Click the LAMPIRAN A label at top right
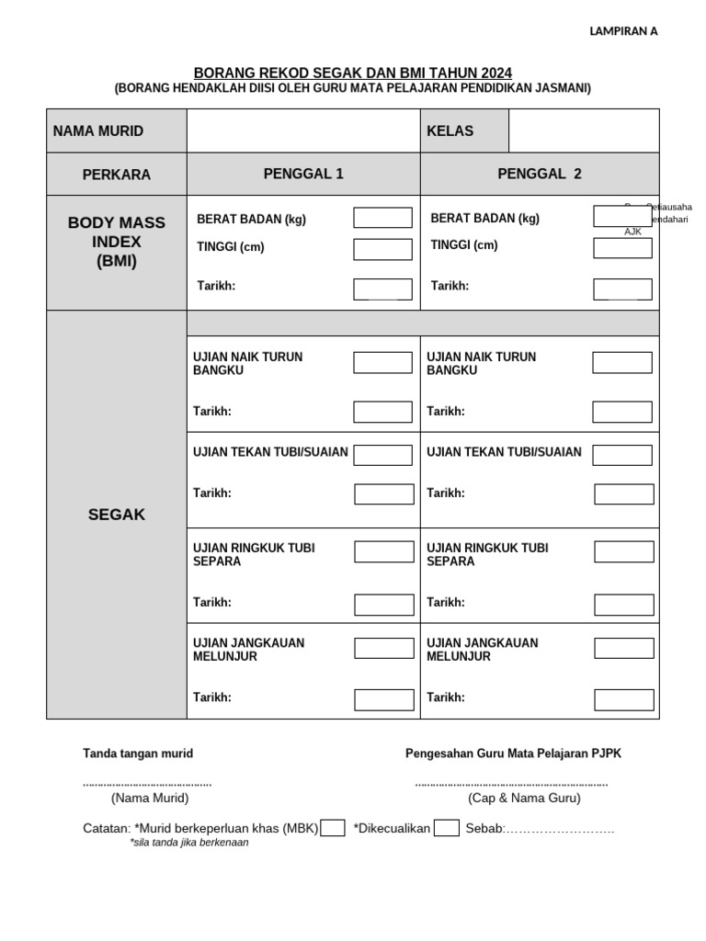(623, 31)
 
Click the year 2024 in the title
(495, 73)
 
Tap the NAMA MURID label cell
(98, 131)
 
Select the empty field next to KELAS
(583, 130)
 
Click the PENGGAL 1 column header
(303, 174)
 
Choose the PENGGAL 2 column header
(540, 174)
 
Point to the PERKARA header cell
(117, 175)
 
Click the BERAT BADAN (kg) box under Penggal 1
(382, 218)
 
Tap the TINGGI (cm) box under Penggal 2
(622, 248)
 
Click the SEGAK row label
(117, 515)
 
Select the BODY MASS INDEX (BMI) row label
(117, 242)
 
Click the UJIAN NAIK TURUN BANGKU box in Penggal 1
(382, 363)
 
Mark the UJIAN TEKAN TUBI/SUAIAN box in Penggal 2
(622, 455)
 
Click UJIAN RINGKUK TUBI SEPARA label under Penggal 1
(254, 554)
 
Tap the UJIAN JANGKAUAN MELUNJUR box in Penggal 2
(623, 649)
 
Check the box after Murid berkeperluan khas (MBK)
(333, 828)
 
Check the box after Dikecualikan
(447, 828)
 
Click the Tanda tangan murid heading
(138, 754)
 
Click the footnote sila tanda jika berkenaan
(189, 842)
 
